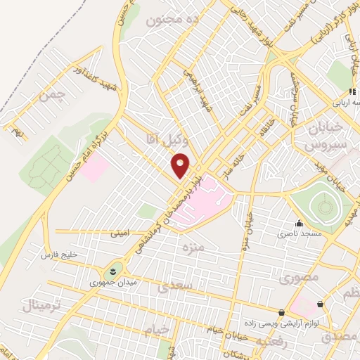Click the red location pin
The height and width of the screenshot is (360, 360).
tap(181, 167)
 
